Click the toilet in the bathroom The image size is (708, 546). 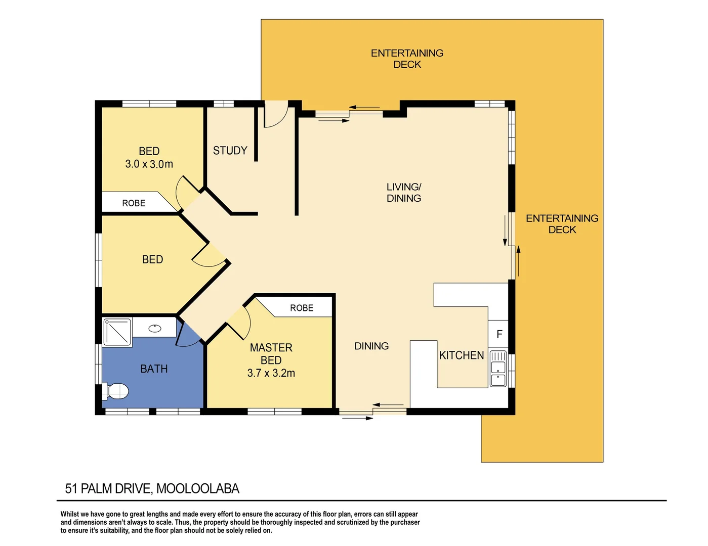[x=116, y=391]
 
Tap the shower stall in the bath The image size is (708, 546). [x=117, y=332]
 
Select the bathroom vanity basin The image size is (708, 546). [x=155, y=329]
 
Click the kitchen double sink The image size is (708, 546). [x=498, y=368]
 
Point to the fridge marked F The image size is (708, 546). [x=499, y=334]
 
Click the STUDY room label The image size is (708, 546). [x=230, y=151]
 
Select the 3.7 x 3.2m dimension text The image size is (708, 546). [x=271, y=373]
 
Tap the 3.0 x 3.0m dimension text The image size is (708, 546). [x=149, y=164]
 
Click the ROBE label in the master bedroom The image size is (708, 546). [x=302, y=308]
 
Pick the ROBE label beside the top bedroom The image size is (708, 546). [x=134, y=203]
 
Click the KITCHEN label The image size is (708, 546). [x=461, y=355]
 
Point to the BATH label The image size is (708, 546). [x=154, y=369]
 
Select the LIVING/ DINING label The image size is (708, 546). [x=404, y=193]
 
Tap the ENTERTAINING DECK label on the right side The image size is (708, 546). [x=562, y=224]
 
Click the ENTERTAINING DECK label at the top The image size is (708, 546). [x=407, y=59]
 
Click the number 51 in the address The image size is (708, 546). [x=71, y=489]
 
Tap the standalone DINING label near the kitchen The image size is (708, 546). [x=371, y=346]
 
